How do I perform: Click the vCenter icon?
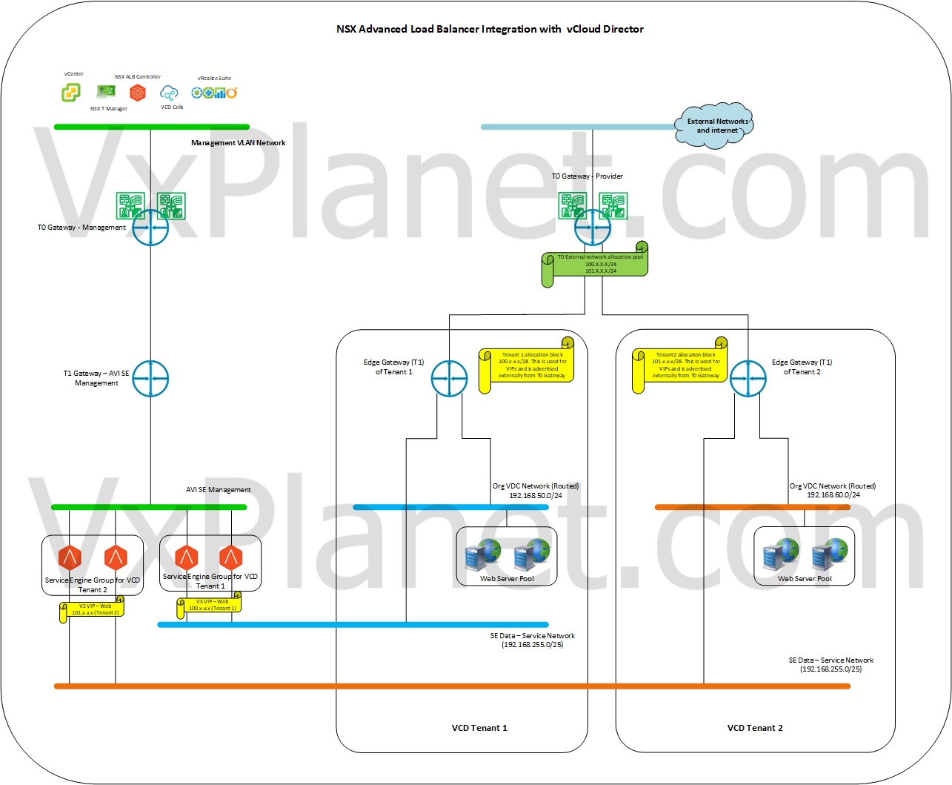[x=70, y=92]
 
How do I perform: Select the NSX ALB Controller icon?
[x=138, y=92]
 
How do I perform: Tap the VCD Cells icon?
[x=170, y=93]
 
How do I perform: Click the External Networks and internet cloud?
[x=715, y=125]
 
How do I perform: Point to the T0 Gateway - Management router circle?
[x=150, y=228]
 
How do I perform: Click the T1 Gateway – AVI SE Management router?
[x=150, y=378]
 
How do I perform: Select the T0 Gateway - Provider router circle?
[x=593, y=228]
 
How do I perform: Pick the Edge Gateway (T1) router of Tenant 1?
[x=449, y=378]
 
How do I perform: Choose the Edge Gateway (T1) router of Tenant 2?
[x=748, y=378]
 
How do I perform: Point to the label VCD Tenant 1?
[x=479, y=728]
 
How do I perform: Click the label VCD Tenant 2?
[x=755, y=728]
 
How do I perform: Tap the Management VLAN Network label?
[x=238, y=143]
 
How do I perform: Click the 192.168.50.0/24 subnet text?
[x=535, y=495]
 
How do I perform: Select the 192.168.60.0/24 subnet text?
[x=833, y=494]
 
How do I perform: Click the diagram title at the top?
[x=490, y=30]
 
